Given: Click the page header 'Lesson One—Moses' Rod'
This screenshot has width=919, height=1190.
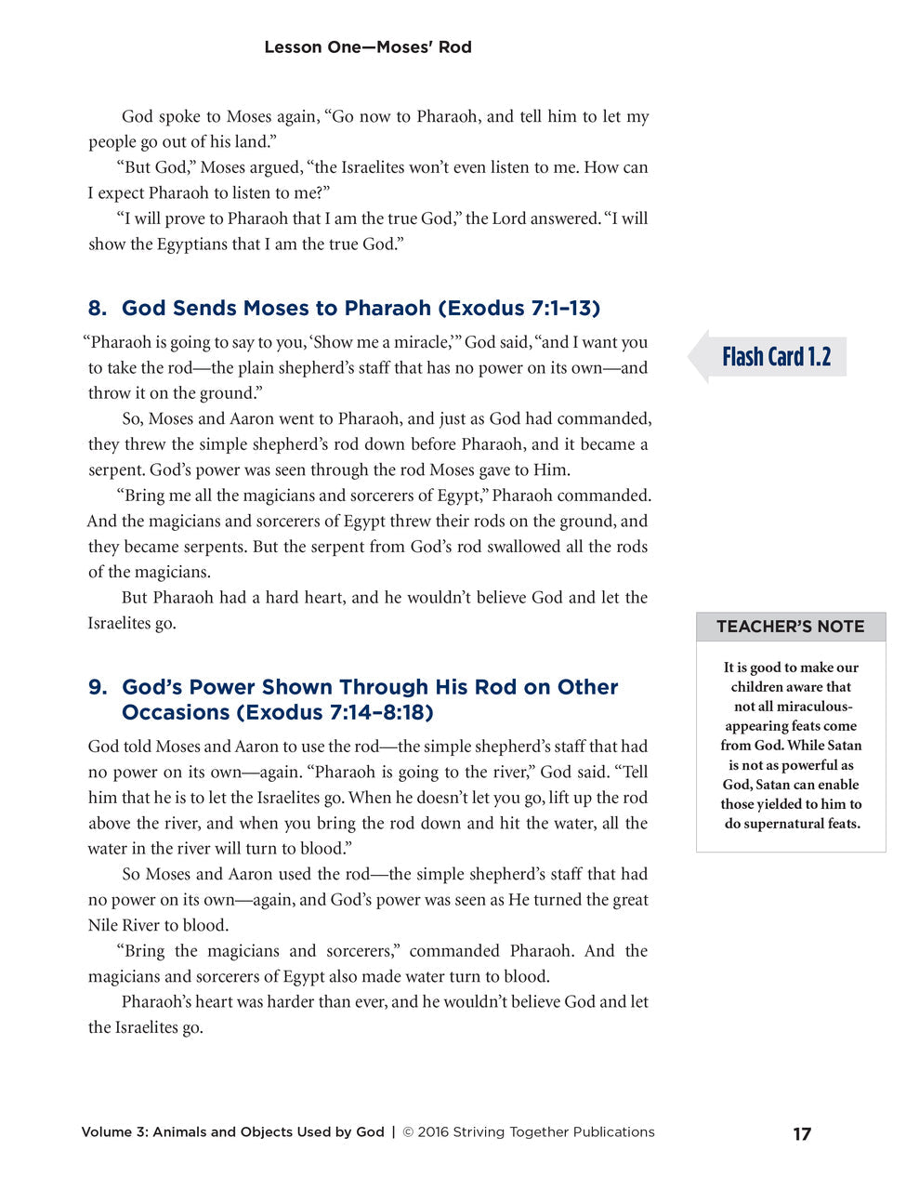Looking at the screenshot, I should pos(368,47).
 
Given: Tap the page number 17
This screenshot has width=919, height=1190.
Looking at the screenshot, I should pos(802,1134).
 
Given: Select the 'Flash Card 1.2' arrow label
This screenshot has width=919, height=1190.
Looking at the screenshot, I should pos(774,357).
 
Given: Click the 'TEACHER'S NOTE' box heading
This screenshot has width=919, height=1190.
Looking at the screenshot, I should pos(790,627).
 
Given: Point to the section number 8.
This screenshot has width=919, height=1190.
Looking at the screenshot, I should pos(97,309).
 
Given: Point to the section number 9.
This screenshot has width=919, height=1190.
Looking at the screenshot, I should pos(97,688).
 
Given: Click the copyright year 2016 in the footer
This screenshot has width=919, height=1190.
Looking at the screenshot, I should pos(433,1132).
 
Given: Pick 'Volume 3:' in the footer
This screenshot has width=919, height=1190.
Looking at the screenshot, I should pos(114,1132).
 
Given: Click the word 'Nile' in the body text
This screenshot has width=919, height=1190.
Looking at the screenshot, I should pos(103,926).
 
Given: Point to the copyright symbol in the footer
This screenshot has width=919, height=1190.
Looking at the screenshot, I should pos(408,1132).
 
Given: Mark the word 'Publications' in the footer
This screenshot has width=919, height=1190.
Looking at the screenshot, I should pos(613,1132).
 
